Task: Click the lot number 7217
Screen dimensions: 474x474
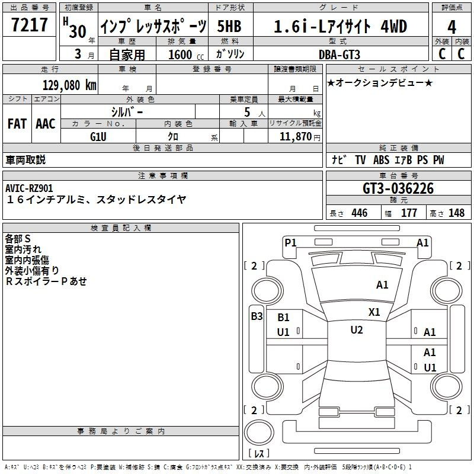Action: coord(30,25)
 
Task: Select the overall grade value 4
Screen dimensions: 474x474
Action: coord(451,27)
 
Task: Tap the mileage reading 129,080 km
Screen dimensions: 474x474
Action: coord(69,85)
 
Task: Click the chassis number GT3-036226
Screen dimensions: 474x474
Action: coord(398,188)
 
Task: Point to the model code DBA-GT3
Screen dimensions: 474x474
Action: coord(340,55)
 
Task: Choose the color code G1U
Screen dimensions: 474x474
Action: coord(98,137)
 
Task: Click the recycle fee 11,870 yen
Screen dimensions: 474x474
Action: coord(300,137)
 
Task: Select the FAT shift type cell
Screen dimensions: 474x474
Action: coord(17,124)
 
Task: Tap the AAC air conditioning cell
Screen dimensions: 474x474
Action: coord(46,124)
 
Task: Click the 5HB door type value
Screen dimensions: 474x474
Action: coord(229,26)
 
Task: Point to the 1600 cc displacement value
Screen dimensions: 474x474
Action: coord(186,55)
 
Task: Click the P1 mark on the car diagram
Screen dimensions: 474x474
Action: coord(290,242)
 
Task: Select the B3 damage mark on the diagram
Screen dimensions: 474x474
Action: coord(257,316)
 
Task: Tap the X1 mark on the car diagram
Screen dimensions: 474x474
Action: coord(374,312)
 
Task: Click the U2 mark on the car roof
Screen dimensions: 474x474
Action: coord(357,330)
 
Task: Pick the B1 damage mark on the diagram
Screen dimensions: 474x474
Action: coord(283,318)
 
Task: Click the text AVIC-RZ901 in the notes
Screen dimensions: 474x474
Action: coord(29,188)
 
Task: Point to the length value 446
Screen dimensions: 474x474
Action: coord(360,213)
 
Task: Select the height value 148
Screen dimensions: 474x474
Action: coord(456,213)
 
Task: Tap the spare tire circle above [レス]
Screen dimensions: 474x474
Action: coord(259,433)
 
